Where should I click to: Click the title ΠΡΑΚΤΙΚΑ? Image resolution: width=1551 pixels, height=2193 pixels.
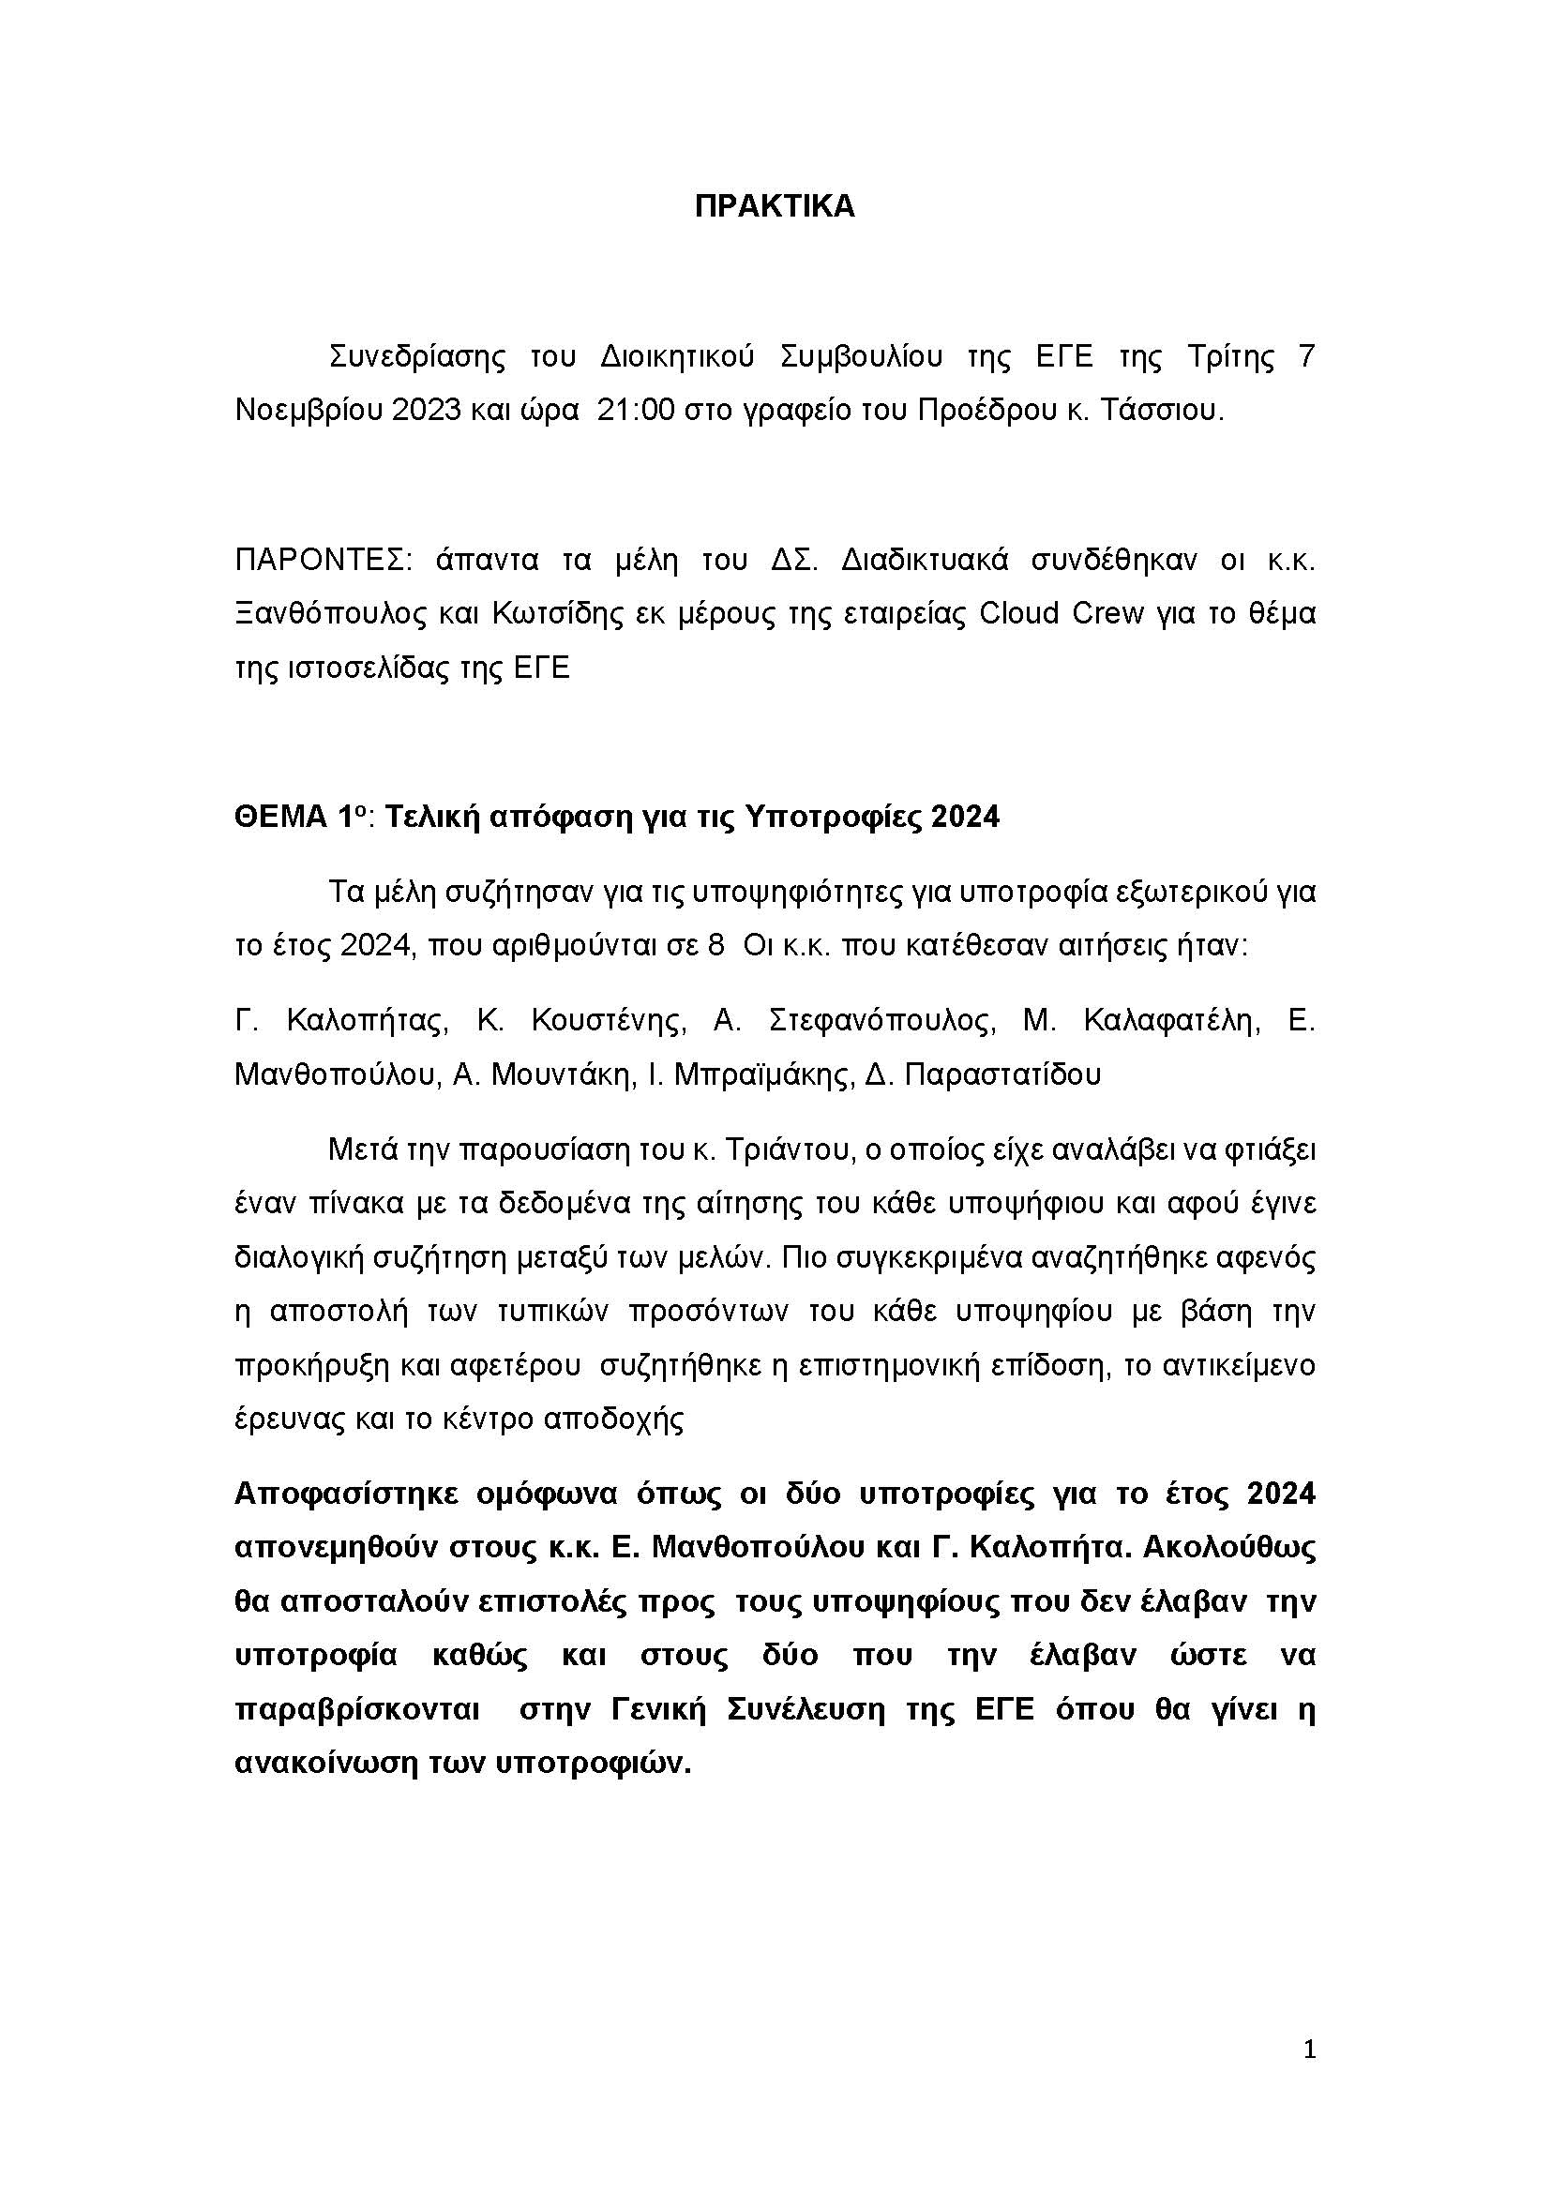pos(775,207)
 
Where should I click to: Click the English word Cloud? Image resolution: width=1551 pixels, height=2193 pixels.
pos(1020,613)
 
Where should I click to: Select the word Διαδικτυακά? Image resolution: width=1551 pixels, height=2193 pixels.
pos(925,561)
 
